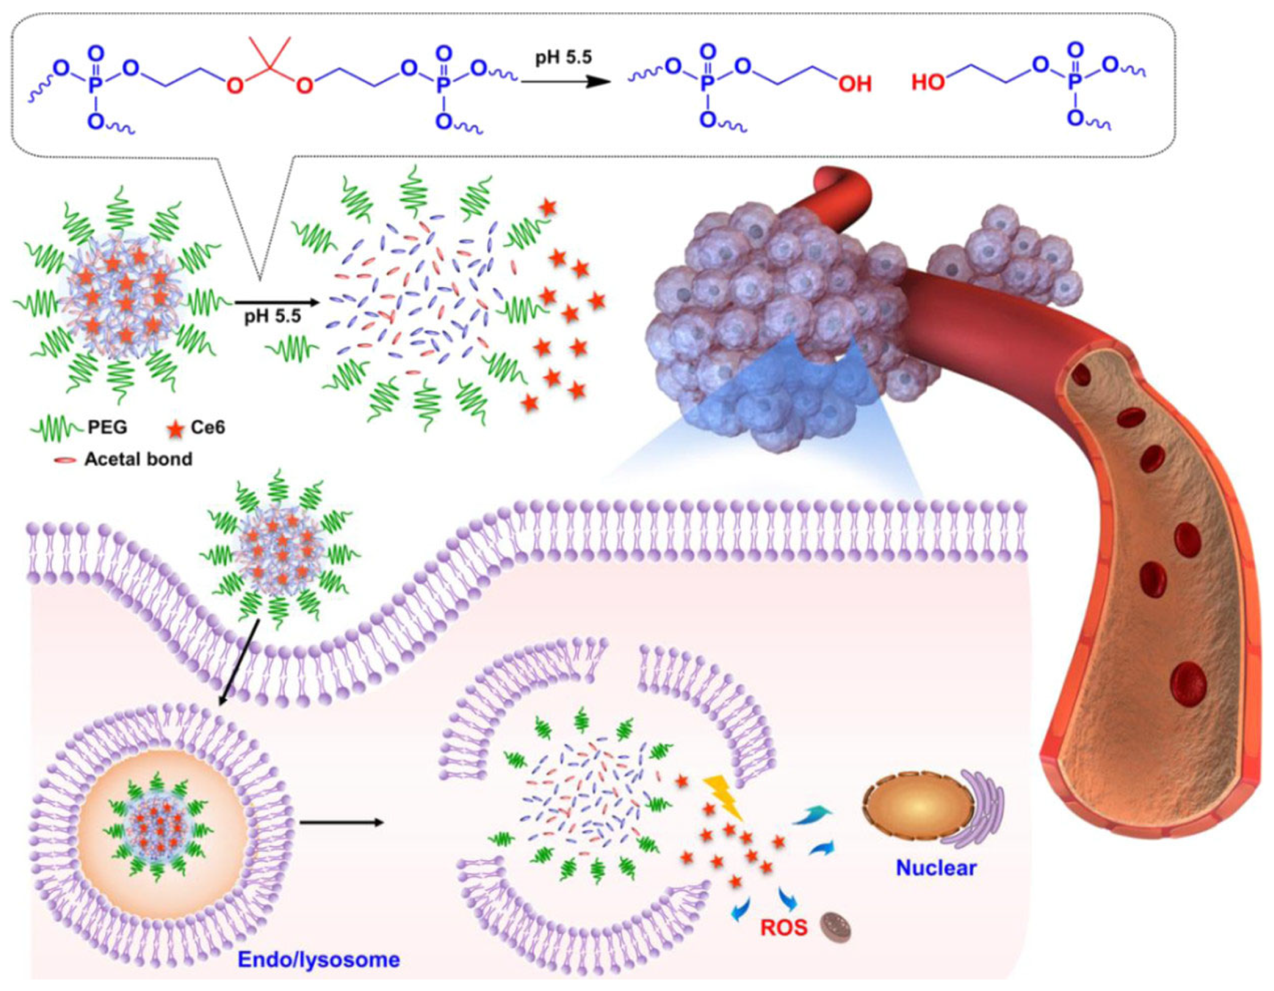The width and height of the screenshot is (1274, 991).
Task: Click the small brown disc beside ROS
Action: pos(836,926)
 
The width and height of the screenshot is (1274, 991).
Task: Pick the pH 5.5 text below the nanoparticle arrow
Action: pos(273,318)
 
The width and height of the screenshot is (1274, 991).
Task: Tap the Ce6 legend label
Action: pos(207,428)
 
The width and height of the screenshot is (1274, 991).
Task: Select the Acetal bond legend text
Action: pos(138,459)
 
